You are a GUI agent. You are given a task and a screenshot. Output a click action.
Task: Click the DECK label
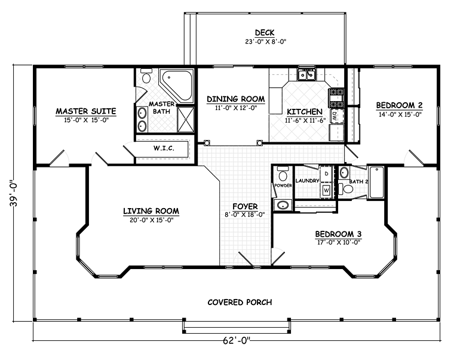pyautogui.click(x=265, y=32)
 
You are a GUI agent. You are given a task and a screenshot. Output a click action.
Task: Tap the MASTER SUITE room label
pyautogui.click(x=86, y=111)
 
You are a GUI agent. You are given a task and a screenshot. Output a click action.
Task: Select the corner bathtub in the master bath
pyautogui.click(x=177, y=85)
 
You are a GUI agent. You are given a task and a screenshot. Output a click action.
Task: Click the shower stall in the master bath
pyautogui.click(x=186, y=120)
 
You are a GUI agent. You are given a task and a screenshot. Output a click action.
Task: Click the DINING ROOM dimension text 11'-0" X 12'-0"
pyautogui.click(x=236, y=108)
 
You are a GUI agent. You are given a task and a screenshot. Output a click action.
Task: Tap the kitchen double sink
pyautogui.click(x=307, y=75)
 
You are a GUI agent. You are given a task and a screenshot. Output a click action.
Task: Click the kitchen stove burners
pyautogui.click(x=336, y=97)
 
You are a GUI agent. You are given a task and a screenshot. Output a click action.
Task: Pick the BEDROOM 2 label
pyautogui.click(x=400, y=105)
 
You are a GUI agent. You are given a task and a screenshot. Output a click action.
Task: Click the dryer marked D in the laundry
pyautogui.click(x=326, y=174)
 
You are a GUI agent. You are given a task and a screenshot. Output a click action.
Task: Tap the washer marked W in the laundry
pyautogui.click(x=326, y=190)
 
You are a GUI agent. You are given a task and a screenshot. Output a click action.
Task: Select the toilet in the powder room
pyautogui.click(x=282, y=173)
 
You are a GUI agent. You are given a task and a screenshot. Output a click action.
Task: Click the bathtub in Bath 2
pyautogui.click(x=376, y=182)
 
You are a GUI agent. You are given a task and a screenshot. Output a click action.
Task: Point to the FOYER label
pyautogui.click(x=245, y=207)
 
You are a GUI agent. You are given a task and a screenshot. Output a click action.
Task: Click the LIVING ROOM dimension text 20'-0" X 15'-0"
pyautogui.click(x=151, y=220)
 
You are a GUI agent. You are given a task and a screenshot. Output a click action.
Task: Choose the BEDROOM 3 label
pyautogui.click(x=338, y=234)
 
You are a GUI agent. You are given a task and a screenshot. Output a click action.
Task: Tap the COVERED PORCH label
pyautogui.click(x=240, y=303)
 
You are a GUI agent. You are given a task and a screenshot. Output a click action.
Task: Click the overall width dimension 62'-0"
pyautogui.click(x=236, y=341)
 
